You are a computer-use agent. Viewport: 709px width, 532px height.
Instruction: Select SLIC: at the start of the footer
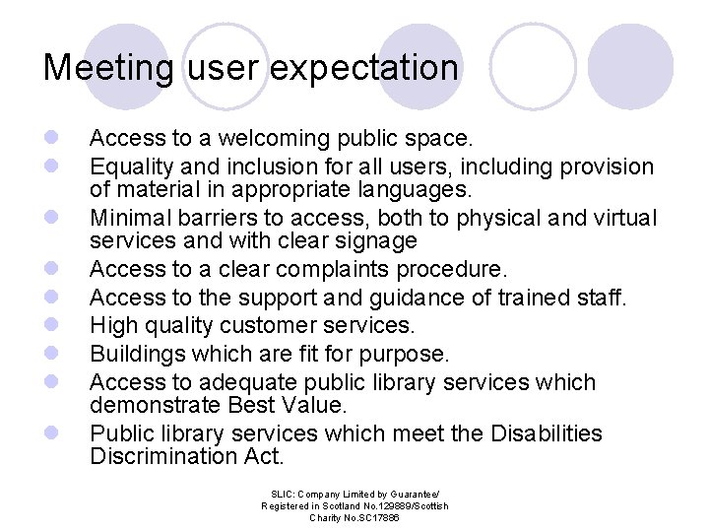(282, 493)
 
